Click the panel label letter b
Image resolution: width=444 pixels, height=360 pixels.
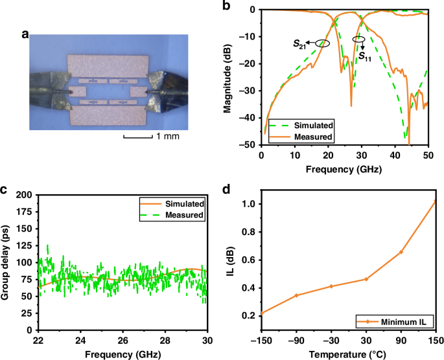point(226,6)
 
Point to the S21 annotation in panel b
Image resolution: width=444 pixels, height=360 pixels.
point(299,45)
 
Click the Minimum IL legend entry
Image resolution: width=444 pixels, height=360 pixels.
point(401,320)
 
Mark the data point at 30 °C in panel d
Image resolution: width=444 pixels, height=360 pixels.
point(366,279)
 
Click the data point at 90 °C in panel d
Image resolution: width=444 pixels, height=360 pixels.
point(401,252)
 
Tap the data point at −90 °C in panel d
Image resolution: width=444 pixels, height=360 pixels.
point(296,295)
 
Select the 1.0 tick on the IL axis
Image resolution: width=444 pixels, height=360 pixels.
point(246,204)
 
